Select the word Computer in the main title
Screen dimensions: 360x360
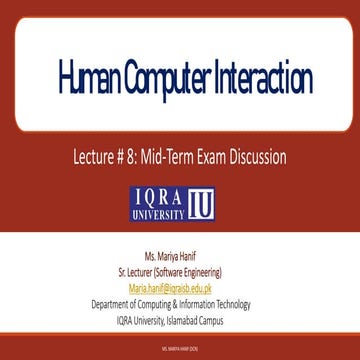(171, 77)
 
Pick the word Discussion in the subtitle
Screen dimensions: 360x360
(265, 156)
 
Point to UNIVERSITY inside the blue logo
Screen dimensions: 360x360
(159, 212)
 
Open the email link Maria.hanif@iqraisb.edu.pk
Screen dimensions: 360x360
(179, 286)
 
